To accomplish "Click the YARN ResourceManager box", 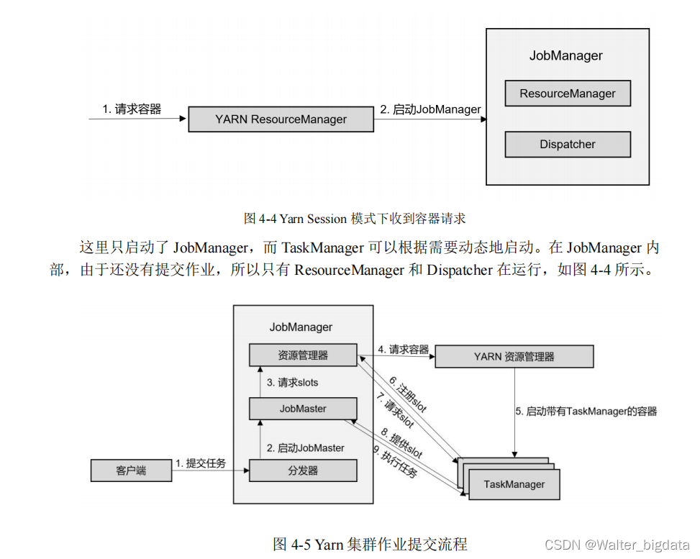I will pyautogui.click(x=281, y=119).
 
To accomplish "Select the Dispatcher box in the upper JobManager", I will pyautogui.click(x=568, y=145).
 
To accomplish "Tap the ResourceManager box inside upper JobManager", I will pyautogui.click(x=568, y=94).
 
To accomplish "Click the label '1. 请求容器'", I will pyautogui.click(x=132, y=109).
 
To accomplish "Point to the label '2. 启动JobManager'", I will pyautogui.click(x=430, y=110).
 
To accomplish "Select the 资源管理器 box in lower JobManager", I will pyautogui.click(x=303, y=355).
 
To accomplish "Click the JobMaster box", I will pyautogui.click(x=303, y=409).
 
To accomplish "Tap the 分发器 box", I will pyautogui.click(x=303, y=471).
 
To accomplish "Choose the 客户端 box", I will pyautogui.click(x=131, y=471).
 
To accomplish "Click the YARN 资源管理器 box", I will pyautogui.click(x=514, y=356).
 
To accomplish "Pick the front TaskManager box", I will pyautogui.click(x=514, y=484).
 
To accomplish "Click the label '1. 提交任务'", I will pyautogui.click(x=201, y=463).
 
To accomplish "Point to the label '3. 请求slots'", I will pyautogui.click(x=292, y=383).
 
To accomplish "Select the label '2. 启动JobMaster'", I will pyautogui.click(x=305, y=447).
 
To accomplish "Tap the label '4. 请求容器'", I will pyautogui.click(x=403, y=350).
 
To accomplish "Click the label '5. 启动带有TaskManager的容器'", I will pyautogui.click(x=586, y=412).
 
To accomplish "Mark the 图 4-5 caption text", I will pyautogui.click(x=370, y=544).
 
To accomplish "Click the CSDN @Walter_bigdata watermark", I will pyautogui.click(x=617, y=545).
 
